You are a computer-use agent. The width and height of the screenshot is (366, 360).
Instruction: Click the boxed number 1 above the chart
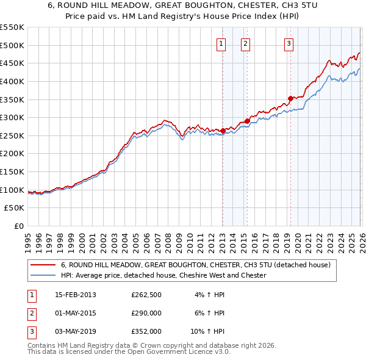(220, 43)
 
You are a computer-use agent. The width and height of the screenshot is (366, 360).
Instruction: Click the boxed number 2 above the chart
(245, 43)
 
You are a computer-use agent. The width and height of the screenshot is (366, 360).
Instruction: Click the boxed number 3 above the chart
(289, 43)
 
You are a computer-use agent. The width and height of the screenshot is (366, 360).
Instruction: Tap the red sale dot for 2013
(223, 131)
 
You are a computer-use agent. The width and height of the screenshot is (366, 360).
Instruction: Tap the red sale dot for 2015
(247, 121)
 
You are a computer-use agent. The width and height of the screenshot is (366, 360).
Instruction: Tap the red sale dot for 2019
(290, 98)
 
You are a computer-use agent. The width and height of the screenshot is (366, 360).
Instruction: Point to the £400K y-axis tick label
(12, 81)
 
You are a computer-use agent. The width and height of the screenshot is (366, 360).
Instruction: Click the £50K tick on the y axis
(15, 208)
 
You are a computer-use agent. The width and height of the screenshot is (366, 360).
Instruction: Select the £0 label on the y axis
(18, 226)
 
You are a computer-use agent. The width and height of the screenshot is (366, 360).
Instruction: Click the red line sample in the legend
(44, 265)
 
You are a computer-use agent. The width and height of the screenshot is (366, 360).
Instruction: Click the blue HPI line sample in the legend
(44, 276)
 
